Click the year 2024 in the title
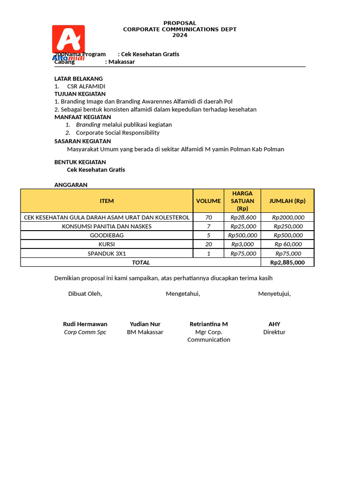[x=180, y=35]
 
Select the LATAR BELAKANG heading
[x=78, y=78]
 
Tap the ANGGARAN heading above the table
[x=71, y=185]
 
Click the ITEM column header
[x=106, y=201]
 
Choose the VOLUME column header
[x=208, y=201]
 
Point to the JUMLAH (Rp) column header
[x=287, y=201]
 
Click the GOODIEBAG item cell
[x=106, y=235]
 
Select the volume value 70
[x=209, y=217]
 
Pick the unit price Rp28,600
[x=243, y=217]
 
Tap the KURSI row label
[x=106, y=244]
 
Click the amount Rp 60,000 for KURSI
[x=288, y=244]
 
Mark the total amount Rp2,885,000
[x=288, y=262]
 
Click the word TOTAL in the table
[x=141, y=262]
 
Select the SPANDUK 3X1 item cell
[x=106, y=254]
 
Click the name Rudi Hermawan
[x=85, y=324]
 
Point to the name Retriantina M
[x=209, y=324]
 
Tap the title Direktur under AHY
[x=274, y=332]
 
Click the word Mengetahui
[x=183, y=293]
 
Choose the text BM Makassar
[x=145, y=332]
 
